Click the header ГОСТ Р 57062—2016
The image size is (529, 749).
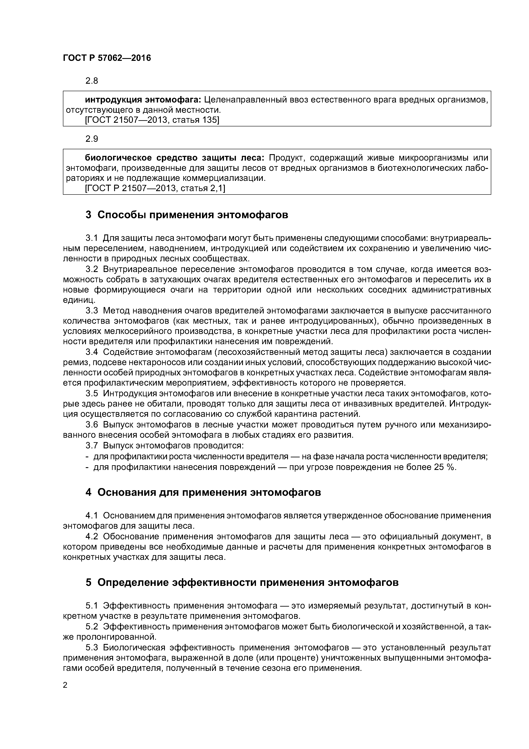[107, 58]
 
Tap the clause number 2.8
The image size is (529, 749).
[92, 80]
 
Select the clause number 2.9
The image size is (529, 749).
[92, 139]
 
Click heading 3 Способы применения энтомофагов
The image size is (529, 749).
[187, 215]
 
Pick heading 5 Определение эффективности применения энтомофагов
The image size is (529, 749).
[242, 582]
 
